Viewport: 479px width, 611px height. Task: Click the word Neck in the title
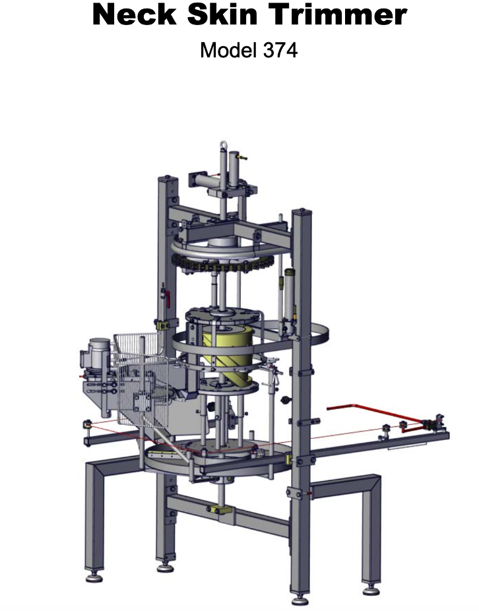pyautogui.click(x=135, y=15)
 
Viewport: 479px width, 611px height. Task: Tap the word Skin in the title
pyautogui.click(x=222, y=15)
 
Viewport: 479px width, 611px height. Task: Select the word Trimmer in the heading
pyautogui.click(x=338, y=15)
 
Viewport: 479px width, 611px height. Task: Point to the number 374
pyautogui.click(x=280, y=50)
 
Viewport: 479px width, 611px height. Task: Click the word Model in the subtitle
pyautogui.click(x=228, y=50)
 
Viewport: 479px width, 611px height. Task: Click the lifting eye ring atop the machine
pyautogui.click(x=222, y=145)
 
